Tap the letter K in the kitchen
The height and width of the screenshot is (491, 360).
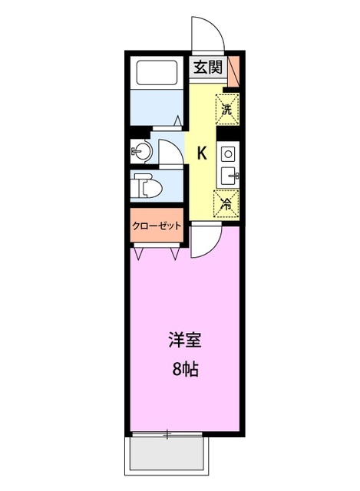click(x=202, y=153)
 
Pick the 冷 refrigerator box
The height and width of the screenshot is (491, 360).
click(x=226, y=204)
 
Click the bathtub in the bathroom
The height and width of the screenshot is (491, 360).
click(x=158, y=73)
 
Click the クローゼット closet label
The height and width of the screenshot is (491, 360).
click(x=157, y=226)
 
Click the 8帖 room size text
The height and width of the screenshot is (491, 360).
click(x=183, y=369)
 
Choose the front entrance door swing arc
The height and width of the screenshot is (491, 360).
click(x=206, y=35)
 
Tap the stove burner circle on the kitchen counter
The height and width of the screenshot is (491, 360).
click(x=228, y=154)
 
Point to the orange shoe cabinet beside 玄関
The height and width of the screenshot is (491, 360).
click(x=233, y=70)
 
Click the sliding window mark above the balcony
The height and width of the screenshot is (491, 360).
click(x=167, y=435)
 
